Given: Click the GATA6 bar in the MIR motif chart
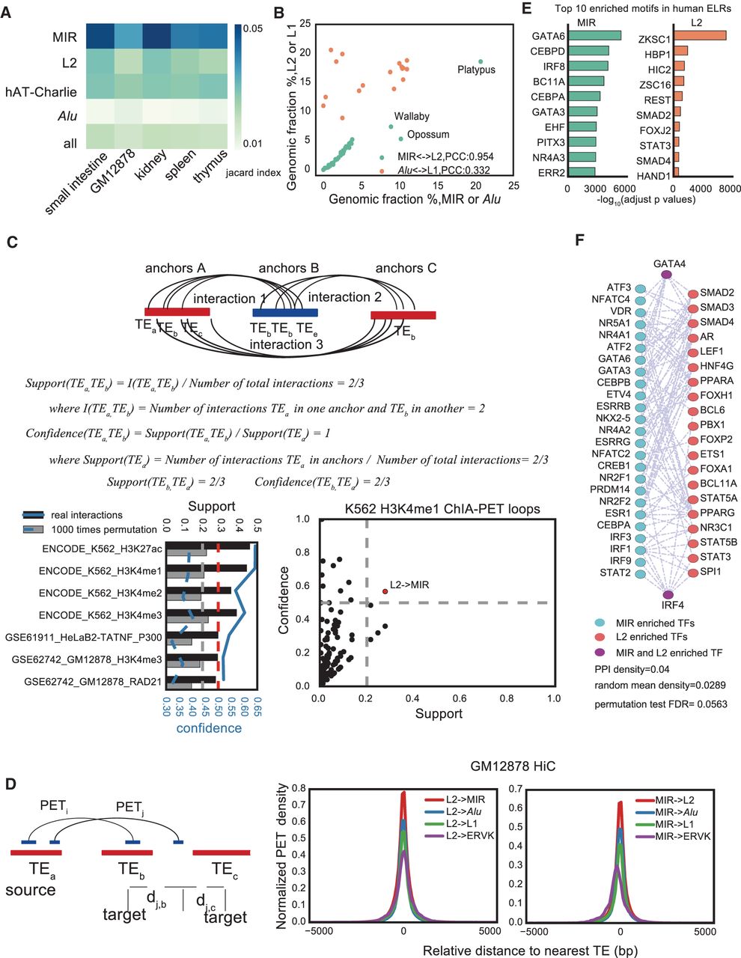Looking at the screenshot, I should [x=594, y=35].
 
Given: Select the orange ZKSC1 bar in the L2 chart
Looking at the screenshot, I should [x=699, y=35].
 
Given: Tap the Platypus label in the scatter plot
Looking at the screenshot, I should [x=476, y=70].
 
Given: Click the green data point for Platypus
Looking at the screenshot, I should [x=481, y=61].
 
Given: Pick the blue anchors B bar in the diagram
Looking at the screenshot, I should [x=285, y=313].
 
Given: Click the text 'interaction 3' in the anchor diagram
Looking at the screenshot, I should [x=281, y=344].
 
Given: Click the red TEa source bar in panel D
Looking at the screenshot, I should [x=36, y=852].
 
